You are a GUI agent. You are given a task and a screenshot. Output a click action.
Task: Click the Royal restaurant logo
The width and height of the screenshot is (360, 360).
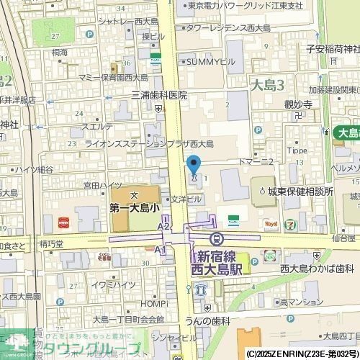(271, 224)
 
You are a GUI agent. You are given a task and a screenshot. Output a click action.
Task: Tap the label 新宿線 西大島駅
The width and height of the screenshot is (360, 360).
(219, 263)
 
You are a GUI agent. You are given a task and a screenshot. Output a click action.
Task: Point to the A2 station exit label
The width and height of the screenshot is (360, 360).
(163, 226)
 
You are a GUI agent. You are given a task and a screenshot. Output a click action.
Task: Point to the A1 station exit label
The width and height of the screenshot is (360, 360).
(160, 249)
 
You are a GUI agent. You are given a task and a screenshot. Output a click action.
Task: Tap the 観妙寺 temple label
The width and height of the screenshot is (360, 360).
(297, 104)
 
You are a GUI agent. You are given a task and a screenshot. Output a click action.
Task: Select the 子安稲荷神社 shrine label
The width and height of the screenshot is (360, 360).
(332, 49)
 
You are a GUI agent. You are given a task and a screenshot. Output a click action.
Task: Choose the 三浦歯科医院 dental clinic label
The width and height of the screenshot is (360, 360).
(158, 95)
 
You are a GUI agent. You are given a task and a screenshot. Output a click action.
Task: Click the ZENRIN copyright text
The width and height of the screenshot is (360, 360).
(302, 354)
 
